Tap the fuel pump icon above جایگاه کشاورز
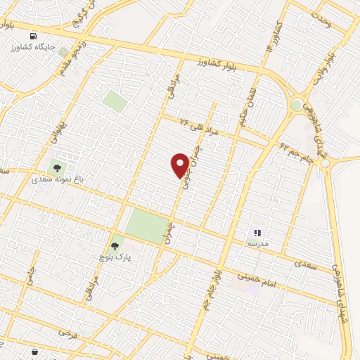[33, 36]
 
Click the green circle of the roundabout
[297, 105]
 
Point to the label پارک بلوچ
[115, 257]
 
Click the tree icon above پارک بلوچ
[115, 246]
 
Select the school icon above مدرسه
[257, 232]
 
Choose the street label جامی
[30, 277]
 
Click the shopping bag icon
[34, 350]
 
